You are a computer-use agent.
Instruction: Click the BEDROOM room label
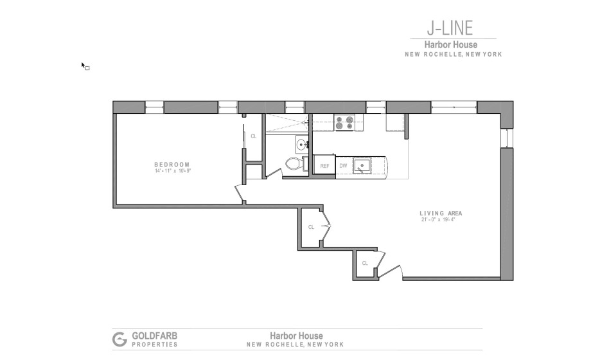(172, 165)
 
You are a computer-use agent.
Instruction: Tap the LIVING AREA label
(441, 213)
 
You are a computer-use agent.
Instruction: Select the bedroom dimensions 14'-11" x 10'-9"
(173, 171)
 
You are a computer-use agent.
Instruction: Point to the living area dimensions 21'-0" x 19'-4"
(438, 220)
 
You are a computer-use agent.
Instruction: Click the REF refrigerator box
(324, 165)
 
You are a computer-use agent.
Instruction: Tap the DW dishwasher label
(343, 166)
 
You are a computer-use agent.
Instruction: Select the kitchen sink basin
(362, 165)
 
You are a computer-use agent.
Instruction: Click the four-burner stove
(344, 123)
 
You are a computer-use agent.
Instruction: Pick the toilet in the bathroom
(296, 164)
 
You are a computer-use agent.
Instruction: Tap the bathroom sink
(302, 145)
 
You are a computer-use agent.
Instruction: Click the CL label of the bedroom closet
(254, 136)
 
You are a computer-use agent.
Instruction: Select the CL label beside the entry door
(365, 263)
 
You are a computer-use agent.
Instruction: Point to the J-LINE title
(450, 28)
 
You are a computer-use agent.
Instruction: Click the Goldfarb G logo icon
(119, 339)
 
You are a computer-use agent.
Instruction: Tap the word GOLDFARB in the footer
(155, 336)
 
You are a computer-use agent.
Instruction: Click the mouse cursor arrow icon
(84, 65)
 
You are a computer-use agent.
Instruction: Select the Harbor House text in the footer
(296, 336)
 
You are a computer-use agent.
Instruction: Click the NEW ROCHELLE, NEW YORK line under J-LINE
(454, 55)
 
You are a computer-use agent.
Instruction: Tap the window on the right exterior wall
(507, 138)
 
